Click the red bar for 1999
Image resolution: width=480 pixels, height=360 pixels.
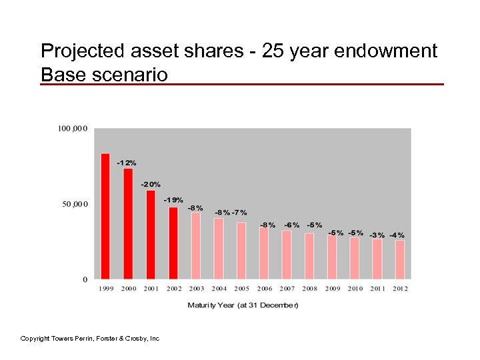pos(105,216)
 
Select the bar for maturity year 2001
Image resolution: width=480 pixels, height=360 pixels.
pos(151,234)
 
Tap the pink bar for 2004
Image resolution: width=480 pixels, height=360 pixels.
pos(219,248)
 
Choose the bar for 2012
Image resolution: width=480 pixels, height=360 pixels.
pos(400,259)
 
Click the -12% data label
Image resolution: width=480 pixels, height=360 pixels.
pos(127,163)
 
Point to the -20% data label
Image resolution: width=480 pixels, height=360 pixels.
pos(151,184)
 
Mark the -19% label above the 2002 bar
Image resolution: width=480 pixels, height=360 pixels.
pos(173,200)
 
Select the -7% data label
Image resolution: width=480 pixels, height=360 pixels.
pos(239,213)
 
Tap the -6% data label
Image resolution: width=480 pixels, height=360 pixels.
pos(291,225)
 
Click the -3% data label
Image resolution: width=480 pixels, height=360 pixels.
pos(377,235)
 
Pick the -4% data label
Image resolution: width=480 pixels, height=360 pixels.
pos(397,235)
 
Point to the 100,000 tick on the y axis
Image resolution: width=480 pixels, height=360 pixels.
pos(74,128)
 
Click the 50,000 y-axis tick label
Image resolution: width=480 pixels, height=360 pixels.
pos(75,204)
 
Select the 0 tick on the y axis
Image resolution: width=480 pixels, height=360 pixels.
pos(85,279)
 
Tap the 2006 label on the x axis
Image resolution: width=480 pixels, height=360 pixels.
pos(265,289)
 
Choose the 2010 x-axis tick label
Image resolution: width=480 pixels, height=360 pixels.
pos(355,289)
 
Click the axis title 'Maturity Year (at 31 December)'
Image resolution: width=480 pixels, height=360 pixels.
pos(243,305)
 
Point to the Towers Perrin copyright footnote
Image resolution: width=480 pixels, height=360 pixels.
pos(90,339)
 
